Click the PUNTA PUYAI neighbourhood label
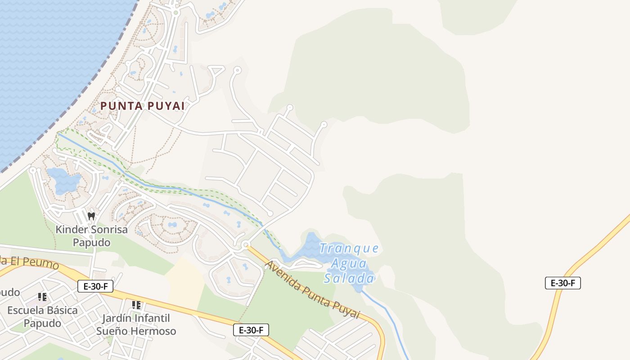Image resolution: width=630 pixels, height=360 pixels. point(142,106)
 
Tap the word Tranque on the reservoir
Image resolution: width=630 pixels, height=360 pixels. point(349,248)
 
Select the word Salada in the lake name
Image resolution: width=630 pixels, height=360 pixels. point(349,279)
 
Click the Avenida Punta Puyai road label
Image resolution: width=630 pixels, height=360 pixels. point(313,289)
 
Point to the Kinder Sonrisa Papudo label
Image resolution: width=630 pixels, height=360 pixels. point(91,236)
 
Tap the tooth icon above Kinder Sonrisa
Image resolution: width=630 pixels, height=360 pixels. point(91,216)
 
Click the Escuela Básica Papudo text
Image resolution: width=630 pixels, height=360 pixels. point(42,317)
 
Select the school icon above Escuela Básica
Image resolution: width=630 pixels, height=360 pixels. point(42,297)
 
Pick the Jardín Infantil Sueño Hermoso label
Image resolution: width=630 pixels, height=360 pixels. point(136,324)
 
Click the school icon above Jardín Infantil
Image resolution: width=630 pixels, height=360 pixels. point(136,305)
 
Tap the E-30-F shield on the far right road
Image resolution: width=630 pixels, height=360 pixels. point(563,283)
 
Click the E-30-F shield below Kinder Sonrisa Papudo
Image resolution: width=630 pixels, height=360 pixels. point(95,286)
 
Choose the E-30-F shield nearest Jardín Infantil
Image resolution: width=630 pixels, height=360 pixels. point(251,330)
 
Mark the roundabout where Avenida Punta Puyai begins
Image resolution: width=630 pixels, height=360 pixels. point(245,245)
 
